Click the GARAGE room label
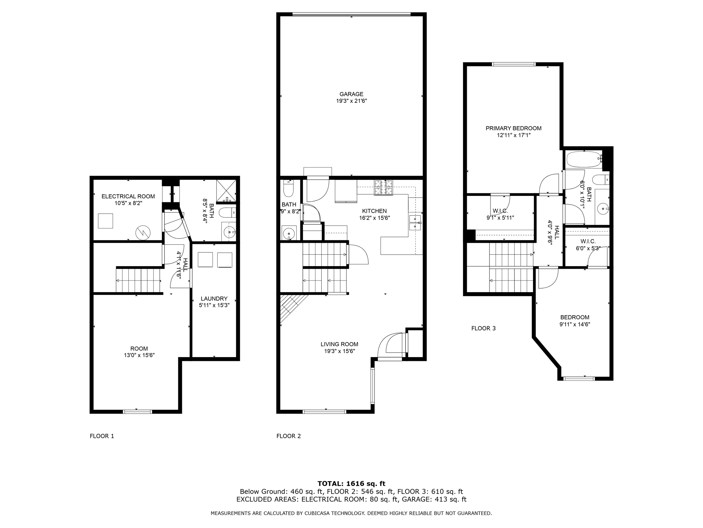coord(351,94)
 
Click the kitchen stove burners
coord(383,188)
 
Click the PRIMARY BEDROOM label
coord(513,128)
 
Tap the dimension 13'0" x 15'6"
coord(139,355)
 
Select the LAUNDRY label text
coord(214,299)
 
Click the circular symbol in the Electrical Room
coord(143,233)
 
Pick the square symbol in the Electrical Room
coord(105,221)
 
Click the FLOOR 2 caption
coord(288,436)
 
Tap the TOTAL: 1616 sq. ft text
coord(351,484)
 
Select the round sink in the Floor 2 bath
coord(289,233)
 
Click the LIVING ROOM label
coord(339,344)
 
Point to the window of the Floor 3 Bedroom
coord(579,378)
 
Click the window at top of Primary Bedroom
coord(513,64)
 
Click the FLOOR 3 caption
coord(483,328)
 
